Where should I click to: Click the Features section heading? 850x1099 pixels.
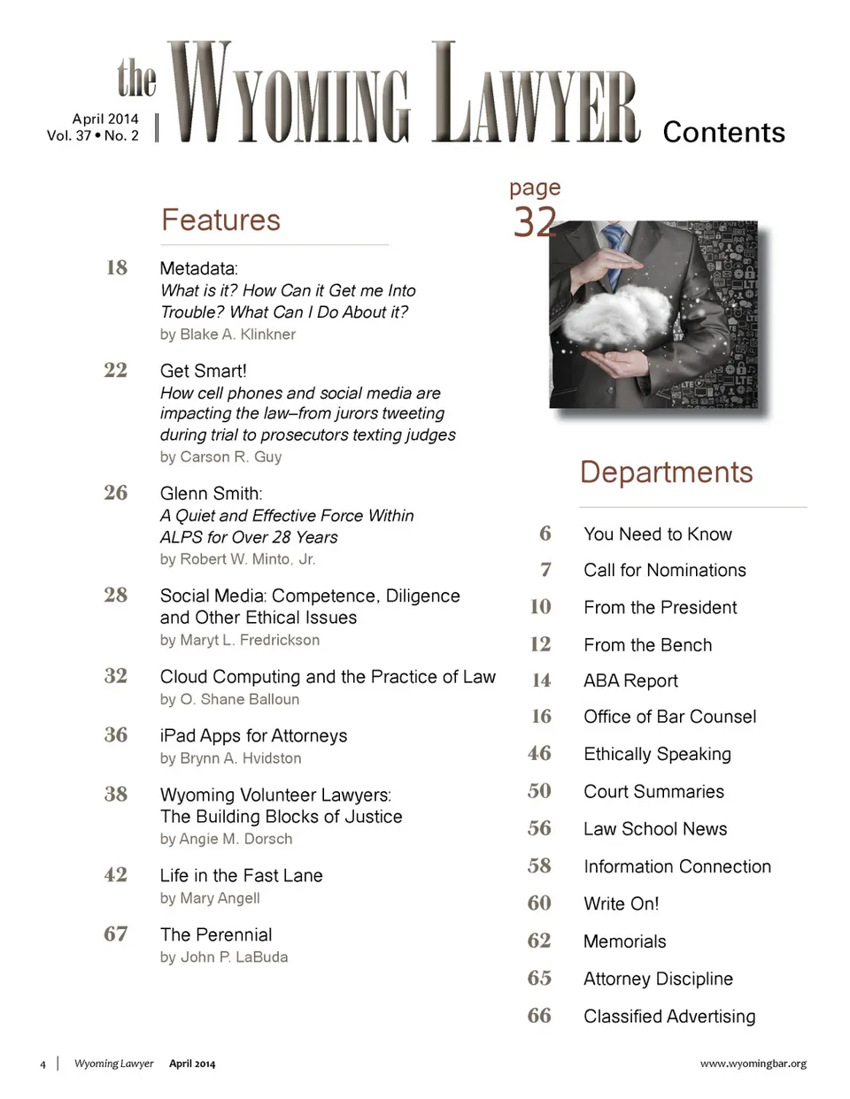[220, 220]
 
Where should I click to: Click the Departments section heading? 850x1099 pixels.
[666, 473]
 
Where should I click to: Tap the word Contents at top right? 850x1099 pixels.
[723, 133]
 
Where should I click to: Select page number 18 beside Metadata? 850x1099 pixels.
[116, 267]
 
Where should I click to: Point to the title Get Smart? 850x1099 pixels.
[203, 371]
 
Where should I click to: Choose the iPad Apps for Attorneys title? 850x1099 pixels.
[253, 735]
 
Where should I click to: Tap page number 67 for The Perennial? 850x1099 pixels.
[116, 934]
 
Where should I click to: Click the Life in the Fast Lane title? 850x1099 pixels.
[241, 875]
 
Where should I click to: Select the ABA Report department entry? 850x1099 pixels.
[630, 680]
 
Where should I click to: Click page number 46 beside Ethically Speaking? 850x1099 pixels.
[539, 753]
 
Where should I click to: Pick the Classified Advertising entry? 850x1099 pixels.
[669, 1016]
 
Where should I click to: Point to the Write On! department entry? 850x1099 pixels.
[621, 903]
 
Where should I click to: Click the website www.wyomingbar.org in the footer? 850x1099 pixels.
[753, 1064]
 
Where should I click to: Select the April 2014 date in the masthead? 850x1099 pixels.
[105, 119]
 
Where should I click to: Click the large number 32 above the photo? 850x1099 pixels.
[535, 221]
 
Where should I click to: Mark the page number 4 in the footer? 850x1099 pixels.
[42, 1064]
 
